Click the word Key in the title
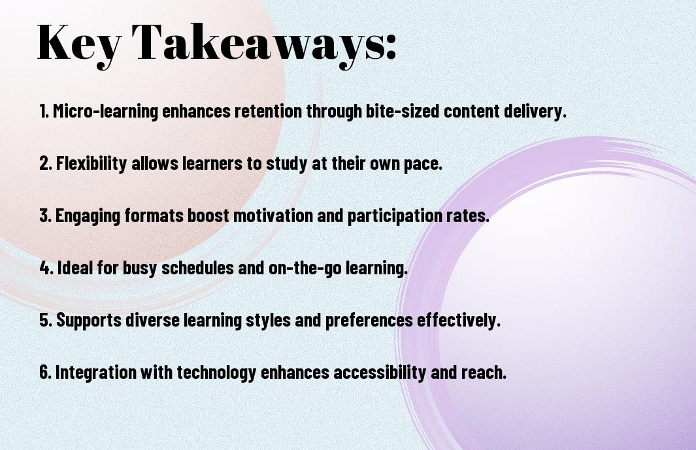[x=78, y=43]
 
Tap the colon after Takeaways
[x=391, y=47]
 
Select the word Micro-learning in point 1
[x=106, y=111]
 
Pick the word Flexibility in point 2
[x=91, y=163]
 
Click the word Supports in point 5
[x=89, y=321]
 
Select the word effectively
[x=459, y=320]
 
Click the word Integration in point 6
[x=96, y=372]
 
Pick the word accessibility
[x=380, y=372]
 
